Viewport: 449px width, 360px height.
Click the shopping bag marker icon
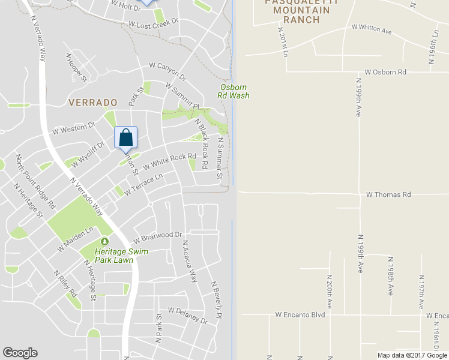(125, 137)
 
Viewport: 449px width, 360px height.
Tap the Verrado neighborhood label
(90, 103)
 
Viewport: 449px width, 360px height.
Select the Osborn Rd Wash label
(234, 91)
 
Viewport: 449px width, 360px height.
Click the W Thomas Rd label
(388, 194)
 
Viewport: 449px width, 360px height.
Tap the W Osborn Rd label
(385, 72)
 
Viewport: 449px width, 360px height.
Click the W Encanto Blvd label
(300, 314)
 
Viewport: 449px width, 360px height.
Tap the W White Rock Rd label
(169, 161)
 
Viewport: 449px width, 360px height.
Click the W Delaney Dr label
(187, 315)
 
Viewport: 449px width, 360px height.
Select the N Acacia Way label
(190, 260)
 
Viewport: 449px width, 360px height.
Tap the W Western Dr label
(74, 128)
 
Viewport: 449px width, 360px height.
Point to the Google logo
(20, 353)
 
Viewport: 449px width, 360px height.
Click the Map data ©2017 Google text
(412, 355)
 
